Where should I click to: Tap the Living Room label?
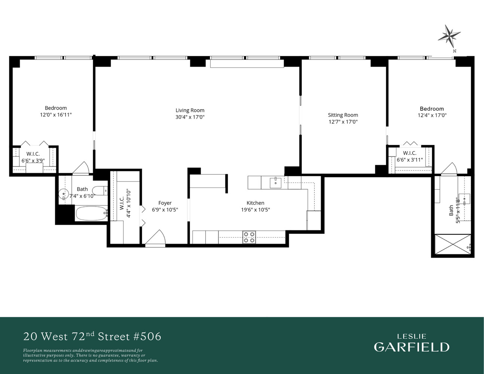(190, 110)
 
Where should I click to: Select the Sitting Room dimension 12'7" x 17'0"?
(343, 122)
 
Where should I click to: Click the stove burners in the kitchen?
(249, 237)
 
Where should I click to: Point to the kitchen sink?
(276, 183)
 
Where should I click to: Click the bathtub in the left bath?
(91, 214)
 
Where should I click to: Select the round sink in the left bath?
(64, 194)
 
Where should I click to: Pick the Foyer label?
(165, 203)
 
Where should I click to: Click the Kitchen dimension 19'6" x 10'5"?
(255, 210)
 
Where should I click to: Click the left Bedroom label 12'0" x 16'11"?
(56, 115)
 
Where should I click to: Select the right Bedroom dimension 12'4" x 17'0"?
(432, 116)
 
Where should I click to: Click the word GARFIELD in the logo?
(411, 347)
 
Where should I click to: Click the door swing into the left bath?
(81, 169)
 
